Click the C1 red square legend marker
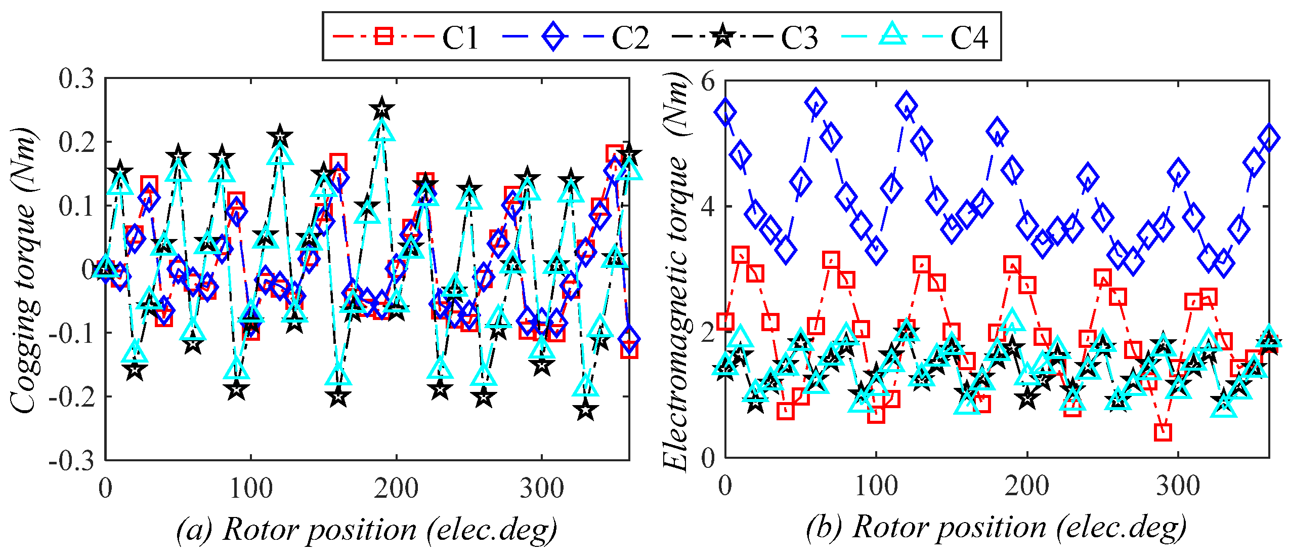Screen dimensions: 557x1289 384,36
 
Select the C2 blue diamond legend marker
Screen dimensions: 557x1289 553,36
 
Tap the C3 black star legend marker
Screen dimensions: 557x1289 723,36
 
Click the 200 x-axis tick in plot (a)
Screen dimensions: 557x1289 397,488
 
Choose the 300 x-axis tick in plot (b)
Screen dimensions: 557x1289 1178,486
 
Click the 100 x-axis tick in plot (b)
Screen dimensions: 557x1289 876,486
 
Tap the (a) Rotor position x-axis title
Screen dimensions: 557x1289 367,530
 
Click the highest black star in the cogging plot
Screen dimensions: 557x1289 382,109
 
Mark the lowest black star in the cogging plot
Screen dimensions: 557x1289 586,409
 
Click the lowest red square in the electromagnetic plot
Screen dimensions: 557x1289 1163,432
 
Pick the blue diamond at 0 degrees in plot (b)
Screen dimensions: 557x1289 725,112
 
